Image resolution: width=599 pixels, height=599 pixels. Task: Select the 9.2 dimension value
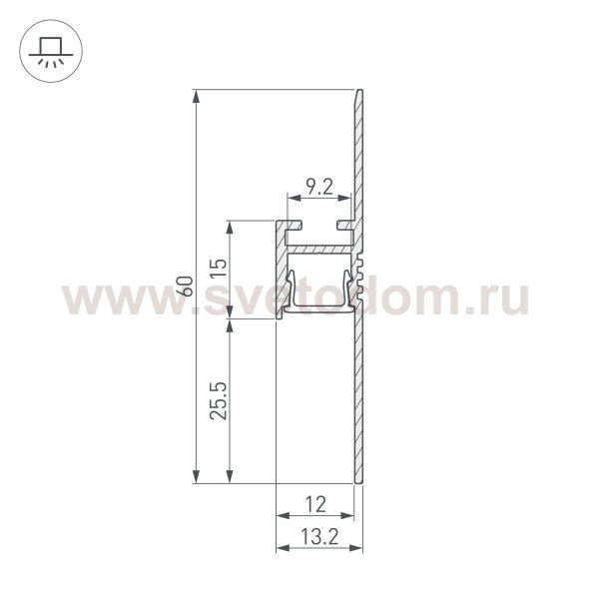tap(319, 187)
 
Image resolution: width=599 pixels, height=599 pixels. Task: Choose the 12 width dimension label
tap(315, 503)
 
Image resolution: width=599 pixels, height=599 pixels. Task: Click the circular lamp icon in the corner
tap(46, 48)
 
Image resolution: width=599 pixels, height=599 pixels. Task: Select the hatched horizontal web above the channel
tap(319, 246)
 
